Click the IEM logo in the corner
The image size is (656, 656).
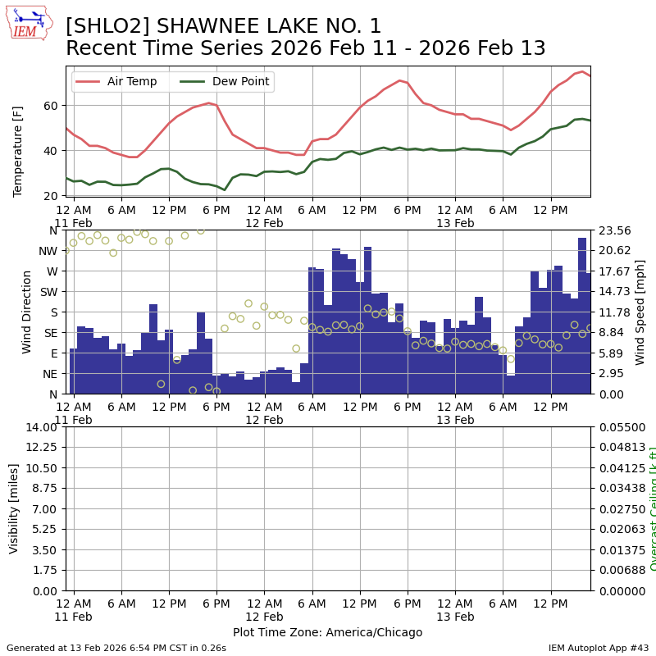[29, 23]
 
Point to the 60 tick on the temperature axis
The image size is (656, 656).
[49, 106]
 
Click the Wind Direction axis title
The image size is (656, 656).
[27, 312]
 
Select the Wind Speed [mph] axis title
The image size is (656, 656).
[640, 312]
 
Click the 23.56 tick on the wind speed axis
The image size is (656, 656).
[614, 230]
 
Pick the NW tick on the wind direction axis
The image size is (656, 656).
[48, 251]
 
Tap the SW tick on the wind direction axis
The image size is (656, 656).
[48, 292]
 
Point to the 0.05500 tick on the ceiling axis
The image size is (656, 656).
[620, 427]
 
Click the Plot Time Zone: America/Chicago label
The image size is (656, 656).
[327, 632]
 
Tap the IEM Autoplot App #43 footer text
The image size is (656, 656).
[599, 648]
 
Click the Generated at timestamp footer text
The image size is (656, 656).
[116, 648]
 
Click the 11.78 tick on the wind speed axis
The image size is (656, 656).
[614, 312]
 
